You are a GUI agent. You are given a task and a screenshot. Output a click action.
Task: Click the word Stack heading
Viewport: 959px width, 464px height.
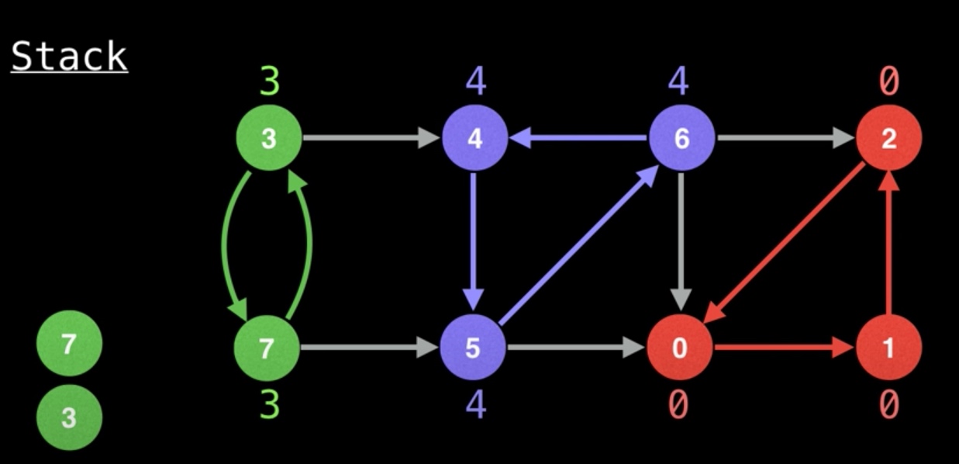point(69,57)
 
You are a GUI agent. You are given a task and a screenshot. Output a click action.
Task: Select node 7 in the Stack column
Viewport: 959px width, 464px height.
point(69,342)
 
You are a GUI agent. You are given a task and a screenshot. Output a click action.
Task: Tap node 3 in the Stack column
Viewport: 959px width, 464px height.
point(69,418)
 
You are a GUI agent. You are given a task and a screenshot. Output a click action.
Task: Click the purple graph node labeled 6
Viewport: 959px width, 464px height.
point(681,139)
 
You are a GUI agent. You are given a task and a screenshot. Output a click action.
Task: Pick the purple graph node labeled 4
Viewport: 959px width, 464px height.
point(474,139)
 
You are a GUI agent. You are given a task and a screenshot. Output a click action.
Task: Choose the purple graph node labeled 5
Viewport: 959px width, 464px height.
point(473,348)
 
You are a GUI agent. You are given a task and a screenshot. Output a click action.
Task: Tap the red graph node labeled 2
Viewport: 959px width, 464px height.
point(888,139)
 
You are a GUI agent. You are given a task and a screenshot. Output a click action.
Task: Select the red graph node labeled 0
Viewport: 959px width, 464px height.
point(680,348)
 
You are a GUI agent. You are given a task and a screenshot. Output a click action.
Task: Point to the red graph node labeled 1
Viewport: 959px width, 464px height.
point(888,348)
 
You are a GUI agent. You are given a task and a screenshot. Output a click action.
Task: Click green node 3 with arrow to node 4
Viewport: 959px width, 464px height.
point(268,139)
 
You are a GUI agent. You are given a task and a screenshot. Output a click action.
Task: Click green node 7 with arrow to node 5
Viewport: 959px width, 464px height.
point(267,348)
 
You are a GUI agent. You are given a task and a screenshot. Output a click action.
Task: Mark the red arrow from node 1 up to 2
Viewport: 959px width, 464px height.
point(889,244)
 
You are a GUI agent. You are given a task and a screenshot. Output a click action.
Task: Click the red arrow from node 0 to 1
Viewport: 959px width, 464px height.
point(783,348)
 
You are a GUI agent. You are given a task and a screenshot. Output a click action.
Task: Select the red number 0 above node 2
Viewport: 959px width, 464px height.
point(888,81)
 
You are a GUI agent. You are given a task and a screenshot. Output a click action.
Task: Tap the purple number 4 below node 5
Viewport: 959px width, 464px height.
point(474,404)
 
